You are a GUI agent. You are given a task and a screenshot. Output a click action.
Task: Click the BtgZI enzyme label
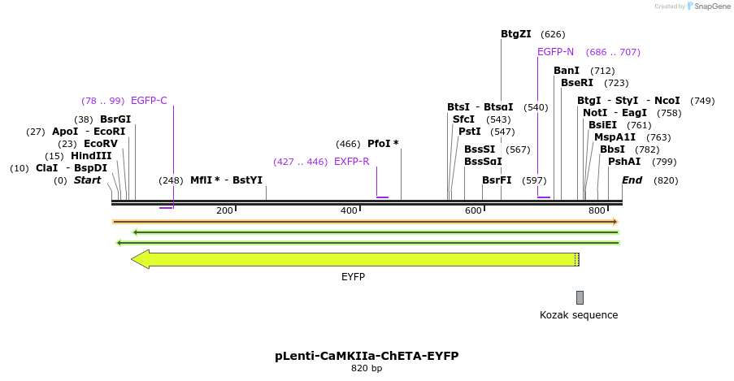point(515,34)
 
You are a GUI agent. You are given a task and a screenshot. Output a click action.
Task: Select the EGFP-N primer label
point(555,52)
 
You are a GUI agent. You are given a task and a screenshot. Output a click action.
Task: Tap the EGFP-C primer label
point(149,101)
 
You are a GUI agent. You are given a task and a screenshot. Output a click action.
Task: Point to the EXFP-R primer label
point(351,162)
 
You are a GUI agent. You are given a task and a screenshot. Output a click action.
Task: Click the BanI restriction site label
point(567,71)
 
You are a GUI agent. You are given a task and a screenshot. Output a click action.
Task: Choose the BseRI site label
point(577,83)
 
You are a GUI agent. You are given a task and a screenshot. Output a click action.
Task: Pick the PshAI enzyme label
point(624,162)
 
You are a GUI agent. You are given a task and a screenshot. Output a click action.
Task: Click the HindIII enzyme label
point(91,156)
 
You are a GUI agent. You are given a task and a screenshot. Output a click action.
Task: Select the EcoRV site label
point(100,144)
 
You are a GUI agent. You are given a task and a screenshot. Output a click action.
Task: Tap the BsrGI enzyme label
point(115,119)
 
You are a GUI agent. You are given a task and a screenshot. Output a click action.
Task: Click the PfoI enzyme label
point(383,144)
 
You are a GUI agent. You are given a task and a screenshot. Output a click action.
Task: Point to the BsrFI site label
point(497,180)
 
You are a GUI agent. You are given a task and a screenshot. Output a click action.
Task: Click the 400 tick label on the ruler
point(349,211)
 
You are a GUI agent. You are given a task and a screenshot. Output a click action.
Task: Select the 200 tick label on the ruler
point(224,211)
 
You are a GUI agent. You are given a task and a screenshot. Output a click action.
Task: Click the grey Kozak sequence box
point(580,297)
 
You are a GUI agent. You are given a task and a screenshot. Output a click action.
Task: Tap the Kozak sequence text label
point(579,315)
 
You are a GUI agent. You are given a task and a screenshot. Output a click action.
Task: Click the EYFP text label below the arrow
point(353,277)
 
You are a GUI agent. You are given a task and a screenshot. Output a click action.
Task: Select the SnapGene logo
point(707,6)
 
